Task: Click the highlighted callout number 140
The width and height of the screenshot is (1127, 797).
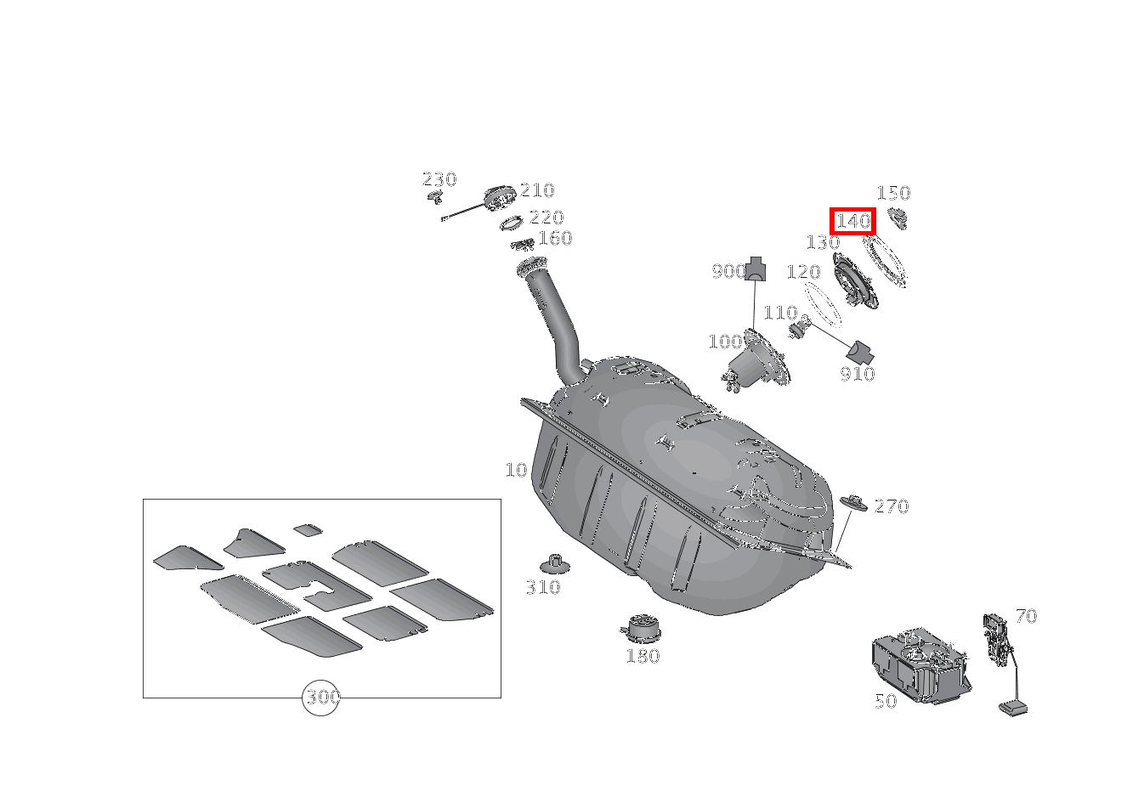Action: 852,221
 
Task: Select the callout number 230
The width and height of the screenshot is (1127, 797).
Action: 439,179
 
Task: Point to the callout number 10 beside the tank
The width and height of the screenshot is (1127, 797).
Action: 516,470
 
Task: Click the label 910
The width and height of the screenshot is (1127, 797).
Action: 858,374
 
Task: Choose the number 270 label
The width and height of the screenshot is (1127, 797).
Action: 892,506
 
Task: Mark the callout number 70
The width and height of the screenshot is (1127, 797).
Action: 1026,615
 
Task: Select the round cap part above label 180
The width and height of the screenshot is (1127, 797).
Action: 641,628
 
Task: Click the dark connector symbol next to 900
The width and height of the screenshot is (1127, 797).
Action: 755,268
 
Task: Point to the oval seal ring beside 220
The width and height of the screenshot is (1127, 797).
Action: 512,223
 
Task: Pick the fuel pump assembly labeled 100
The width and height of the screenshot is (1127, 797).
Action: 756,360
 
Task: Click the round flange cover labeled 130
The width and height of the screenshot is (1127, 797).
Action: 856,280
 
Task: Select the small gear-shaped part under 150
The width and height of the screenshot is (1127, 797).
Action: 898,218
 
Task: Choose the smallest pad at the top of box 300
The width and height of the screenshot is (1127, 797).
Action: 308,530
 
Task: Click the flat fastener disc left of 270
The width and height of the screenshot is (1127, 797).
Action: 854,502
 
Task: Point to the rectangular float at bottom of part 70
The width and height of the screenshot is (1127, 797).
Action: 1013,709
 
